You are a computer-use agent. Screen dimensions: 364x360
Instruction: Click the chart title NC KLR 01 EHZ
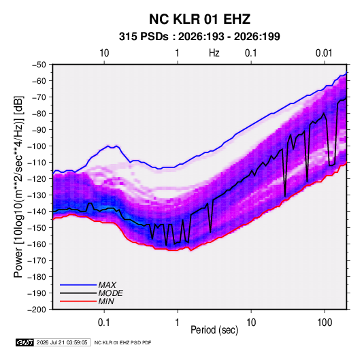(x=199, y=19)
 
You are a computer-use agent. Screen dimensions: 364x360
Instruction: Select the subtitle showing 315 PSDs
(x=199, y=37)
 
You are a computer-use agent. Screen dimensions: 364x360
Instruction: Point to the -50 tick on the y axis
(x=39, y=65)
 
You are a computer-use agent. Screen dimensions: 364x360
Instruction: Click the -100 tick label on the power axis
(x=37, y=146)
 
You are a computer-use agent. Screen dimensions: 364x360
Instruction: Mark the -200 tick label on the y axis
(x=37, y=310)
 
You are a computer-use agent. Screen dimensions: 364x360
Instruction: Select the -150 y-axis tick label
(x=37, y=227)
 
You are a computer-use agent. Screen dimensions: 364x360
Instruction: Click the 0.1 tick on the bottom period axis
(x=104, y=322)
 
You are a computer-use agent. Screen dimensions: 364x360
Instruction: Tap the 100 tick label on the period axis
(x=325, y=322)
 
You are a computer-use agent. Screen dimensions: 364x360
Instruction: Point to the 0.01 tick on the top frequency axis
(x=324, y=53)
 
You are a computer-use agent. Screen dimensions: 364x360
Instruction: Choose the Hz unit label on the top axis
(x=214, y=53)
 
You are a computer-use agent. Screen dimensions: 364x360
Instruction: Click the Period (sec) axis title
(x=214, y=330)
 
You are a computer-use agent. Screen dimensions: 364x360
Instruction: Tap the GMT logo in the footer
(x=25, y=342)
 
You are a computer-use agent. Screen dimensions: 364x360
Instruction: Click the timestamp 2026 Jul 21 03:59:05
(x=62, y=342)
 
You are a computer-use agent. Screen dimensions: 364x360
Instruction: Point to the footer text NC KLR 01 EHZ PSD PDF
(x=122, y=342)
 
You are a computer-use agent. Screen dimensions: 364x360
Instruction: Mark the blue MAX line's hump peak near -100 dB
(x=108, y=146)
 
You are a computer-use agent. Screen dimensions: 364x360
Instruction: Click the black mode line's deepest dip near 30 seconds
(x=285, y=196)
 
